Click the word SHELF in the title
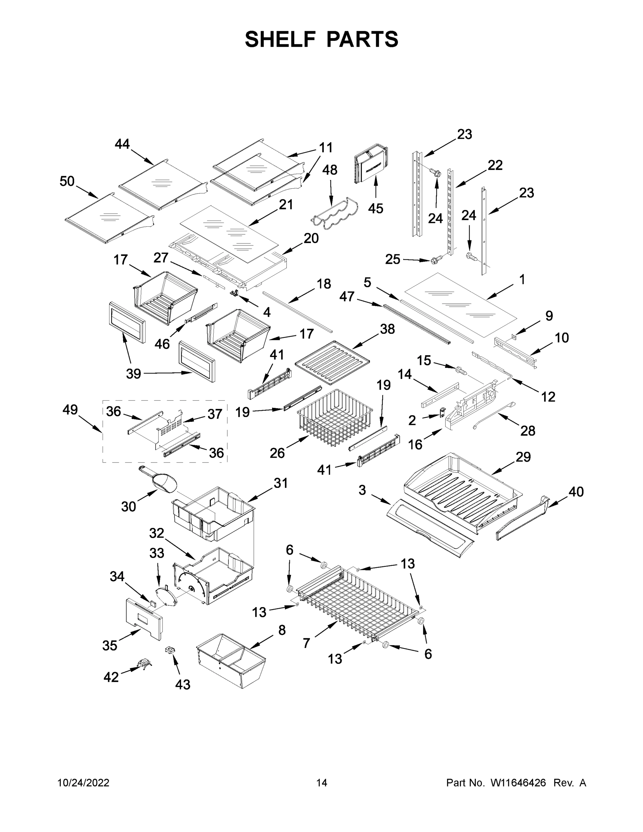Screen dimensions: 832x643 click(x=280, y=39)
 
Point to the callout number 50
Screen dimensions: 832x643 click(x=67, y=181)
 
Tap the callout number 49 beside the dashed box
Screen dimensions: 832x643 click(x=70, y=410)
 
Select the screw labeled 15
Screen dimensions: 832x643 click(x=461, y=369)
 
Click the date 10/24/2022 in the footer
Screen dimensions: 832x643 click(x=84, y=782)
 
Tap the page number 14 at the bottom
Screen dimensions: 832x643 click(x=322, y=782)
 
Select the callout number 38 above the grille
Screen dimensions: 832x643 click(x=387, y=329)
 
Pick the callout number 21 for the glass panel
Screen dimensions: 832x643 click(x=286, y=205)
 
